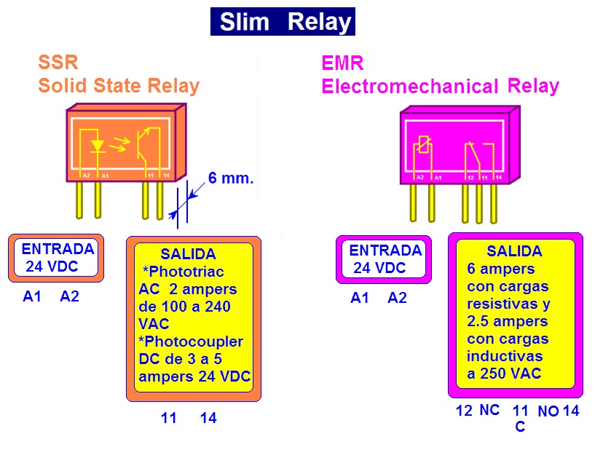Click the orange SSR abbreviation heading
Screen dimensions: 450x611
[58, 63]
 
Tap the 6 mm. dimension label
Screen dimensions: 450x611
[231, 178]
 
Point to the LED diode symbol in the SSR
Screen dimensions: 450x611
[97, 145]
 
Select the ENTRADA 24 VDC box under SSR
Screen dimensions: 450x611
[56, 258]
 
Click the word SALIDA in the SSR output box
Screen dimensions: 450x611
[188, 254]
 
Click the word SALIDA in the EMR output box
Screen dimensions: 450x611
[514, 251]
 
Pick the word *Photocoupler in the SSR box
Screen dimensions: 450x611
[191, 342]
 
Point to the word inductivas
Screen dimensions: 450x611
[505, 356]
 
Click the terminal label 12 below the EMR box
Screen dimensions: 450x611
[464, 411]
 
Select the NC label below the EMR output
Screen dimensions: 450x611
[489, 410]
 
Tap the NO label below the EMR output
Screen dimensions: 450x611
[548, 411]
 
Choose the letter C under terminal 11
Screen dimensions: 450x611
[520, 427]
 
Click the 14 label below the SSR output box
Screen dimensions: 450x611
[208, 418]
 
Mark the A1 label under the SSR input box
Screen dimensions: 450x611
[33, 296]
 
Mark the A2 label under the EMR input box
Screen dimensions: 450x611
[397, 298]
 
